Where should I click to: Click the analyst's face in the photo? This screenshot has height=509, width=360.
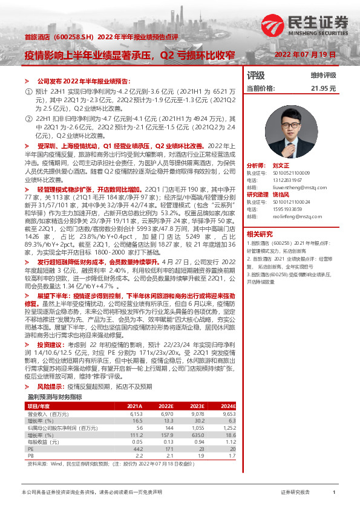[292, 125]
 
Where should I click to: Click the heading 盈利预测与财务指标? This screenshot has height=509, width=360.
[55, 380]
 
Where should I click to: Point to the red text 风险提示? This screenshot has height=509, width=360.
[50, 368]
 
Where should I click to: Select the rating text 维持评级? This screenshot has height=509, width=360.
[323, 75]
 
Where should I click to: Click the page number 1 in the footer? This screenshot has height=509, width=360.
[334, 493]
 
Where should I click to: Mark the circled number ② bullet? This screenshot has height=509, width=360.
[27, 120]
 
